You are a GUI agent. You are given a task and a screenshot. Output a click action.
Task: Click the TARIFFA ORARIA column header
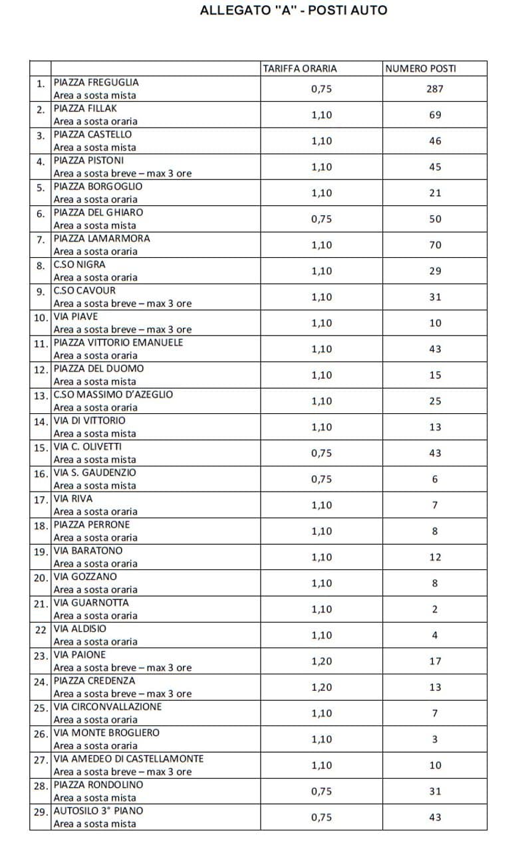pos(299,68)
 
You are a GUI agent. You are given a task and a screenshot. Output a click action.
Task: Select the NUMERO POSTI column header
pos(420,68)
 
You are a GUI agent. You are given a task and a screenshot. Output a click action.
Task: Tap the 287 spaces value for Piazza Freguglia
pos(435,89)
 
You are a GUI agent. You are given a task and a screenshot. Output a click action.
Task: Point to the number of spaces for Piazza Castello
pos(435,141)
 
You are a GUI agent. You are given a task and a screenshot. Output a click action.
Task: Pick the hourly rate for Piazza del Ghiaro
pos(321,219)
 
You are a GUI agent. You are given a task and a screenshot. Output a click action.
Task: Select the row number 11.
pos(41,343)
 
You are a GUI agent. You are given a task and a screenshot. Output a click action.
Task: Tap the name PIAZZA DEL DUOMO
pos(98,369)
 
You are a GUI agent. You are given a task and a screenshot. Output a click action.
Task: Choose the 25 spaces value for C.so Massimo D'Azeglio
pos(435,401)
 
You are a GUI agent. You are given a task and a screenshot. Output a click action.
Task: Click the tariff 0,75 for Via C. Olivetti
pos(321,453)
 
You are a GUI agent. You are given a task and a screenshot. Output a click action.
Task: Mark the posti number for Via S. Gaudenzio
pos(435,479)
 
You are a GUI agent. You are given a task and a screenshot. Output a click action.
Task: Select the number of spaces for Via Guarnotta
pos(435,609)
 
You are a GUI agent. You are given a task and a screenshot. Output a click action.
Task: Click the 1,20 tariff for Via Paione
pos(321,661)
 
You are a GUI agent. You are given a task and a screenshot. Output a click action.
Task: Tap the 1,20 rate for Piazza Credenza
pos(321,687)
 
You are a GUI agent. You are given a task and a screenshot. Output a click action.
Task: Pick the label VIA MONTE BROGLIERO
pos(106,733)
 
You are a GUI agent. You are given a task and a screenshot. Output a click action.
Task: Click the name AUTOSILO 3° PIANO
pos(98,810)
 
